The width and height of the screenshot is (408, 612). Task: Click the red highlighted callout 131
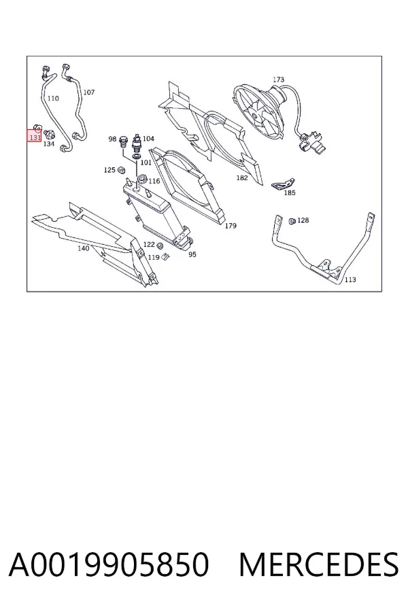click(x=35, y=137)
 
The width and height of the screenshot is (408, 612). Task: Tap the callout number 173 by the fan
click(x=278, y=80)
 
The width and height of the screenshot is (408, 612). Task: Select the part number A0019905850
click(x=109, y=564)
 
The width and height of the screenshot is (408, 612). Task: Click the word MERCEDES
click(x=319, y=564)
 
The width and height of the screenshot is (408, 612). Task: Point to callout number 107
click(x=89, y=92)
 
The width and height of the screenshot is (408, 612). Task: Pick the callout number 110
click(x=53, y=99)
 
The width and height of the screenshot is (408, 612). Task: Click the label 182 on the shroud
click(x=242, y=178)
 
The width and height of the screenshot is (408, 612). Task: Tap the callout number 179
click(x=231, y=226)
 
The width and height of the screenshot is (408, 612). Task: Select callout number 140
click(x=83, y=248)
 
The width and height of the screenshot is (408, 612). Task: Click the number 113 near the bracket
click(x=350, y=279)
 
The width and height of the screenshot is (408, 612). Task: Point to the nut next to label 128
click(x=292, y=221)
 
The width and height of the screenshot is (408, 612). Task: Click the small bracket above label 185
click(x=283, y=183)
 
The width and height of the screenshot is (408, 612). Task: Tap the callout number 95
click(x=192, y=254)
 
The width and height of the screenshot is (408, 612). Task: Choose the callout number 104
click(x=148, y=139)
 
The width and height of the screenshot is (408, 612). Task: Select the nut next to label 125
click(x=122, y=170)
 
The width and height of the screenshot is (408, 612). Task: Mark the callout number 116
click(x=154, y=181)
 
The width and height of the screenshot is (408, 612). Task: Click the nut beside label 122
click(x=160, y=246)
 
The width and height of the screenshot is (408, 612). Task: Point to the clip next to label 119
click(x=165, y=256)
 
